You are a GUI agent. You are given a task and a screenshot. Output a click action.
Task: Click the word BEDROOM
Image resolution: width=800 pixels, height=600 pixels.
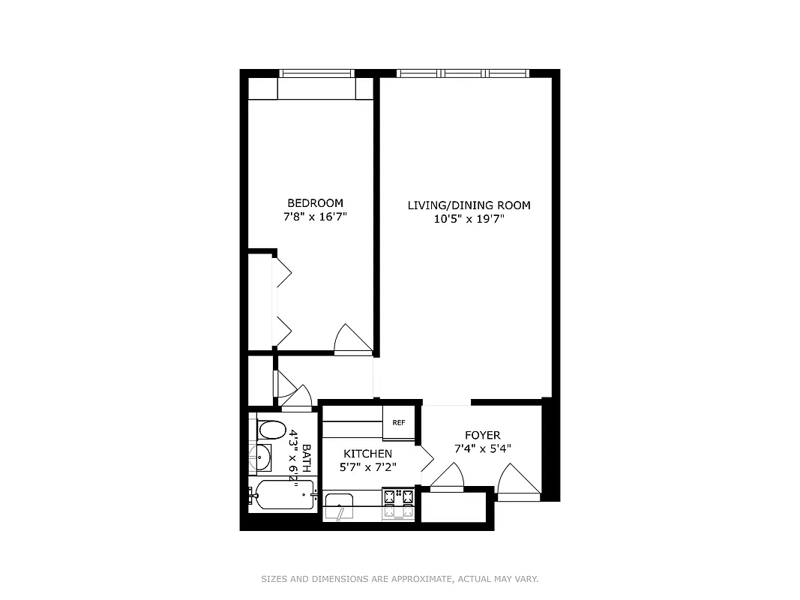(315, 203)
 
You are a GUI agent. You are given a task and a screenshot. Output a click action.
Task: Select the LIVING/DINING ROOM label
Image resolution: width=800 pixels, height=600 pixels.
(469, 205)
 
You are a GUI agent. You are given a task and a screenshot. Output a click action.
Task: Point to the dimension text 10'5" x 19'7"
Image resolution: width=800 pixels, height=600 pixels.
(469, 220)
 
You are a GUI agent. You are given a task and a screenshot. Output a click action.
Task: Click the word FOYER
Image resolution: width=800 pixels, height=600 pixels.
(482, 435)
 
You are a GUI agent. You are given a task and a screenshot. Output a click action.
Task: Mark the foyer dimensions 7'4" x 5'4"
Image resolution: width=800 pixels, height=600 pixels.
(482, 448)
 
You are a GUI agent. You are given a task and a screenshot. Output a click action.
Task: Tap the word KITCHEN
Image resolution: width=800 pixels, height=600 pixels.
(367, 454)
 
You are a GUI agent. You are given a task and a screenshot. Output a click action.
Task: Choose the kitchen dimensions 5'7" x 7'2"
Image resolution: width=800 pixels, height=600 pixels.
(367, 467)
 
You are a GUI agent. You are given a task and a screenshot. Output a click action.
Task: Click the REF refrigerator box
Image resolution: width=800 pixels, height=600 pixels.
(398, 423)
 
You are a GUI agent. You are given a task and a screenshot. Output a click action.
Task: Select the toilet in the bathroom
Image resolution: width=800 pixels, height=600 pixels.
(271, 430)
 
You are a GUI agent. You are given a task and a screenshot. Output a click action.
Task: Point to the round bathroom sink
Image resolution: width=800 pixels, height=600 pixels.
(261, 457)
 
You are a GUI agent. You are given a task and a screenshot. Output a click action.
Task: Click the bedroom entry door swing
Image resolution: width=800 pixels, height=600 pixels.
(352, 339)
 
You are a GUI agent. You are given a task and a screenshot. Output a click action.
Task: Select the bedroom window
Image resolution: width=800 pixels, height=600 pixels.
(316, 73)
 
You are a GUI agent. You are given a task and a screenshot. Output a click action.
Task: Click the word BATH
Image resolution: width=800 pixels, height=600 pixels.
(306, 458)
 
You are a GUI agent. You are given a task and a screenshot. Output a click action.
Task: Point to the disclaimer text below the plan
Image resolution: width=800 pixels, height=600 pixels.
(400, 579)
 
